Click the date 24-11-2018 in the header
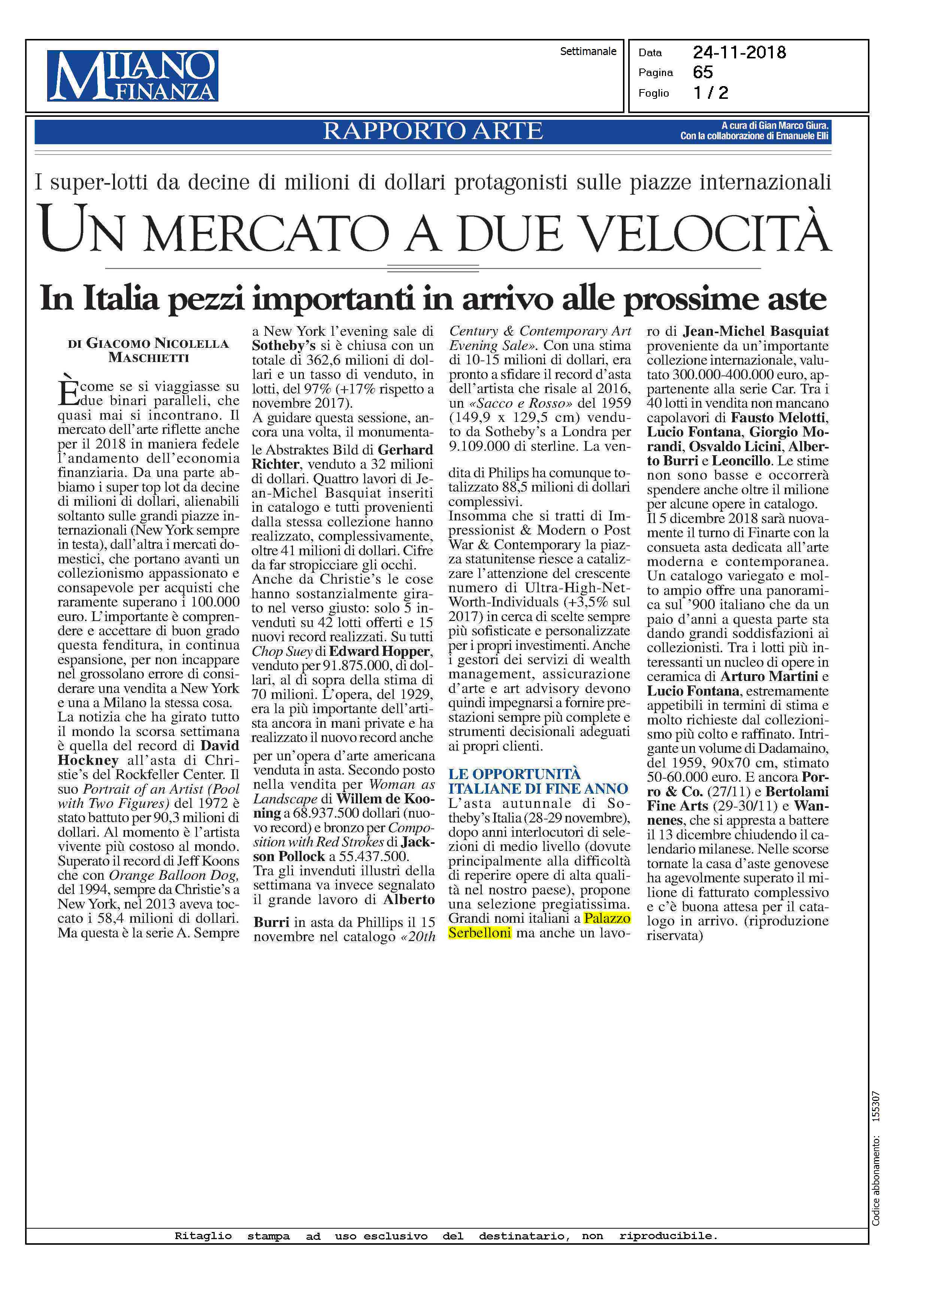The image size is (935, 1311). pyautogui.click(x=739, y=53)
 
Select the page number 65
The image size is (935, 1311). pyautogui.click(x=703, y=73)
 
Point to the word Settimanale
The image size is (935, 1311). pyautogui.click(x=588, y=51)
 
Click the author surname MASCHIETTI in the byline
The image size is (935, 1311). pyautogui.click(x=149, y=358)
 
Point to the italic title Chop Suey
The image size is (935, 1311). pyautogui.click(x=282, y=651)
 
